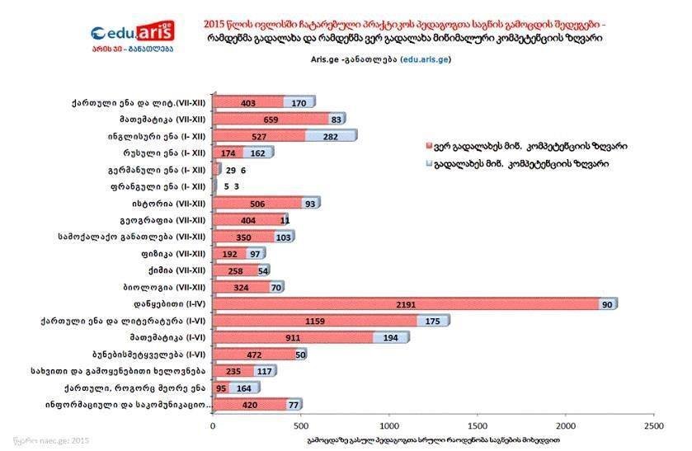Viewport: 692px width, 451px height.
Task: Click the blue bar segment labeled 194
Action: coord(390,337)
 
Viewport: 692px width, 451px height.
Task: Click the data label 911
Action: coord(292,337)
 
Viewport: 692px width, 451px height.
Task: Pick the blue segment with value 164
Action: coord(244,388)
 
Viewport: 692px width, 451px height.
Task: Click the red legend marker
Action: coord(428,146)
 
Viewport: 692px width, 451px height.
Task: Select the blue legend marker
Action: coord(428,164)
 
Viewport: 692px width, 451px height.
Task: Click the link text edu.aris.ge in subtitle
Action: coord(426,60)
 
